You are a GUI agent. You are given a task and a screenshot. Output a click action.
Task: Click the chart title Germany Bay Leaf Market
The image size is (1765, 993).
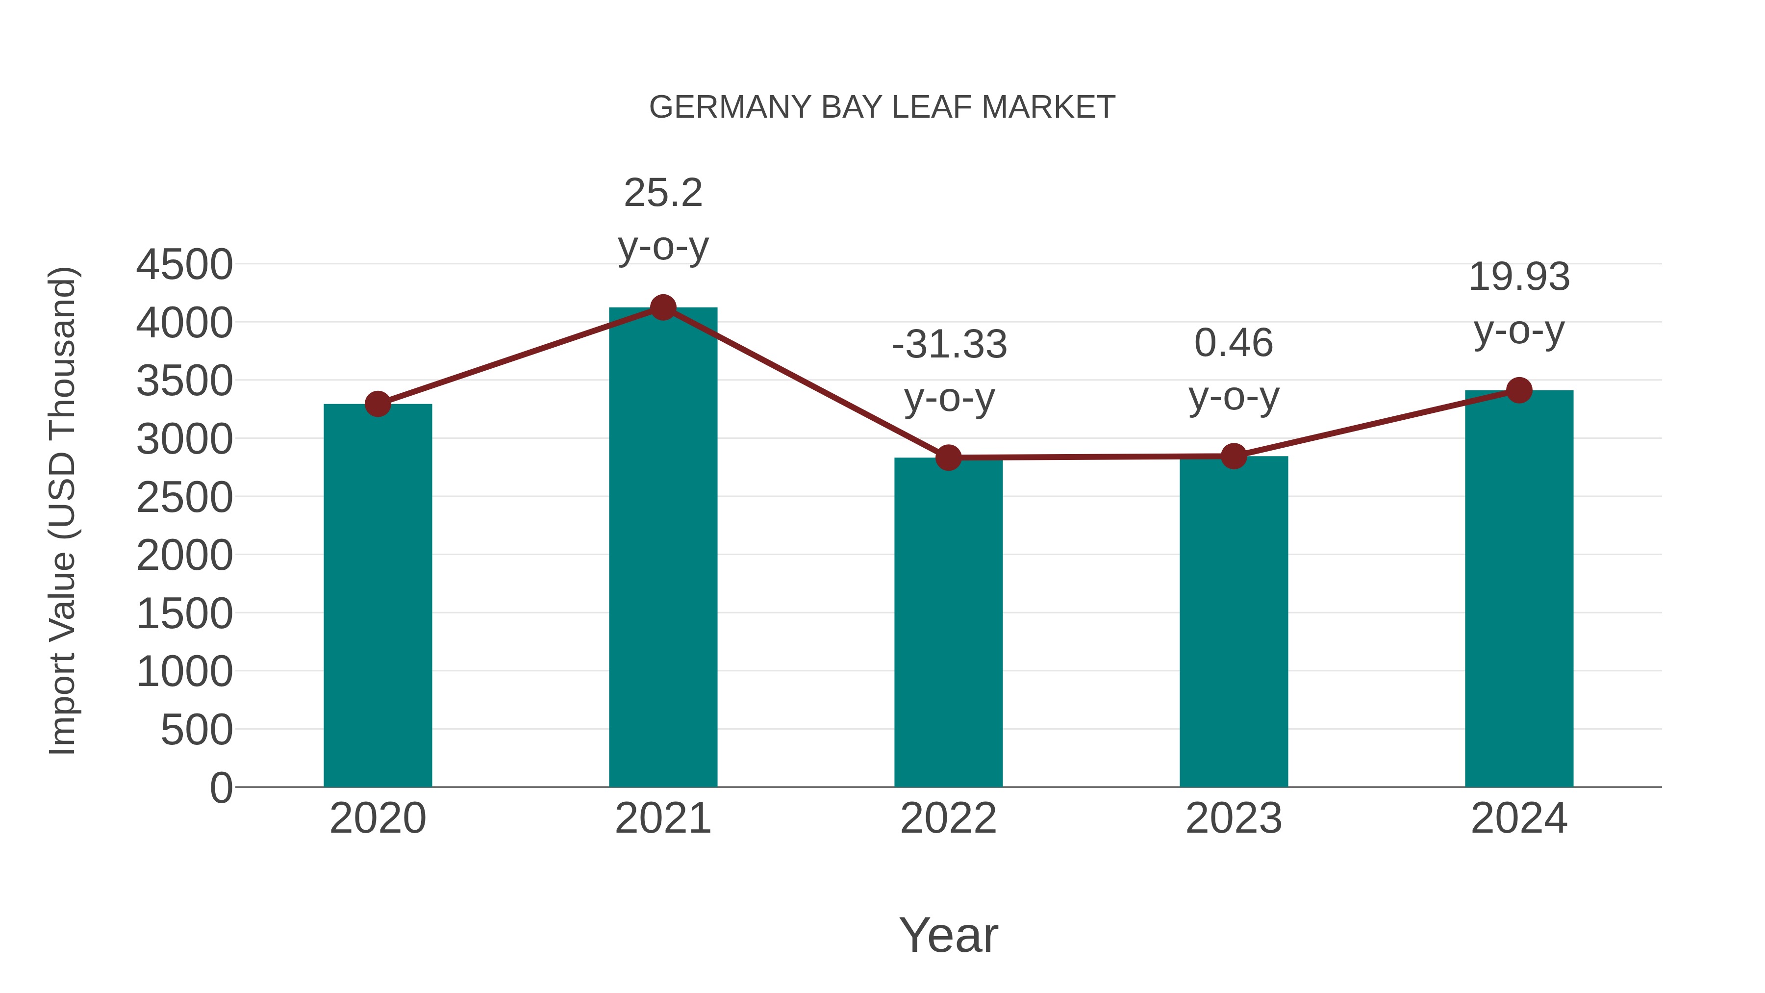click(882, 107)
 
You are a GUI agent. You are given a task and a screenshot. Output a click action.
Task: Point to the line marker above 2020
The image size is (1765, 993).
click(378, 405)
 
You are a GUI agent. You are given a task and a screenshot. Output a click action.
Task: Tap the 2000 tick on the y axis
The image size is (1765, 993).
click(184, 556)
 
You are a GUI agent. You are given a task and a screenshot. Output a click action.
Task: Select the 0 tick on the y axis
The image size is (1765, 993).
click(221, 788)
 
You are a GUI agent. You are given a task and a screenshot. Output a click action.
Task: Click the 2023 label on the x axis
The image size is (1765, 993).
click(1234, 818)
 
